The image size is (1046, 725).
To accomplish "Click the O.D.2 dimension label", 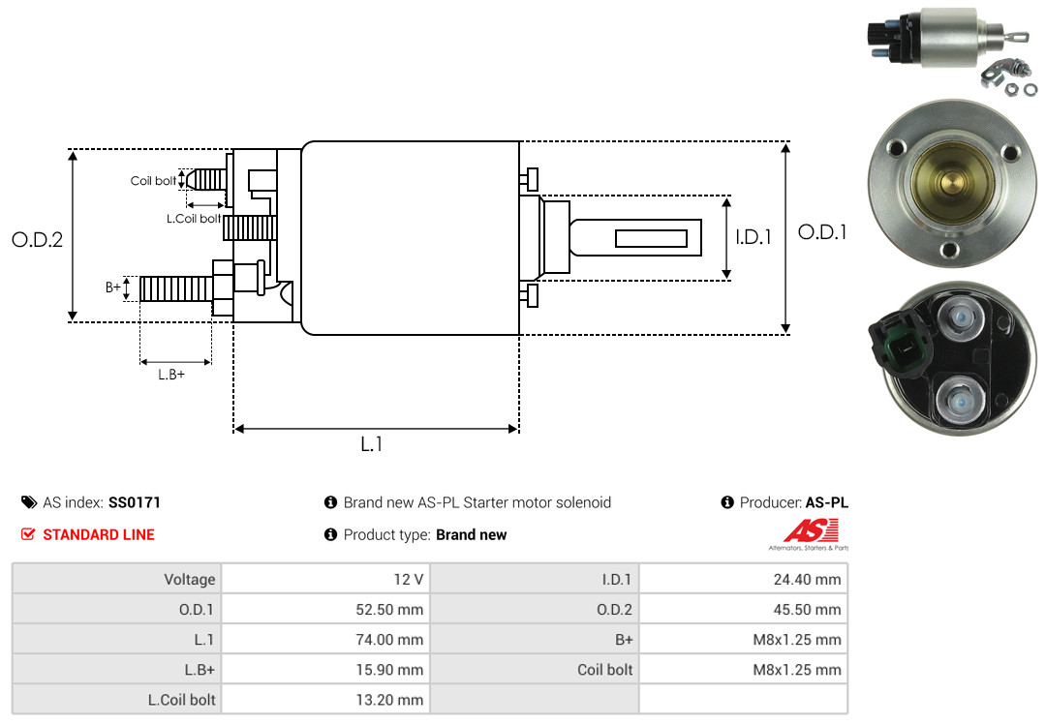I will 37,239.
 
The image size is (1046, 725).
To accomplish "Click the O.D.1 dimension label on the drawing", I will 822,232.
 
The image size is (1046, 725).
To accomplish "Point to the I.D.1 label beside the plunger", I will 753,236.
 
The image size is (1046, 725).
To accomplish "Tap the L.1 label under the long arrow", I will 372,444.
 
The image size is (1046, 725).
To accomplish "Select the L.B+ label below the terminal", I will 171,375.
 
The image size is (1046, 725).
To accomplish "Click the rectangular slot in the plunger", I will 651,238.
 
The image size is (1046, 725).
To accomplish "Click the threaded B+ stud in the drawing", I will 174,288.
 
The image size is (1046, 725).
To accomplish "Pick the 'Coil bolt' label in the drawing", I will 153,181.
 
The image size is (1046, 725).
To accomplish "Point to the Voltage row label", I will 190,580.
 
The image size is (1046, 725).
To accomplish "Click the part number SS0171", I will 135,502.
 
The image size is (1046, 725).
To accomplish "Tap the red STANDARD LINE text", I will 98,534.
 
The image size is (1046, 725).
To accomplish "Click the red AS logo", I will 811,530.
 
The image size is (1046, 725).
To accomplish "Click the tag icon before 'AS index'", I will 29,502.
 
